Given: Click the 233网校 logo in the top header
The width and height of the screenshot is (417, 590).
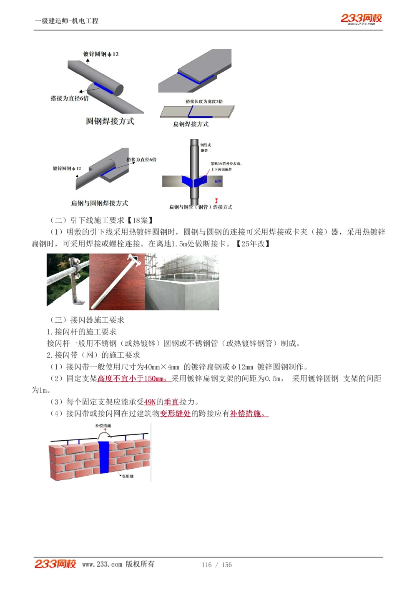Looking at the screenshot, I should coord(361,18).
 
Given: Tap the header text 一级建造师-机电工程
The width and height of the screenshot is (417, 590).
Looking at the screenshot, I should coord(67,21).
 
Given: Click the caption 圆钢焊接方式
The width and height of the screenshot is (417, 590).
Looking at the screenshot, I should coord(110,121).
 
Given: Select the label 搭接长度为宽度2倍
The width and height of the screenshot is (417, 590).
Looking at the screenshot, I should coord(204,101).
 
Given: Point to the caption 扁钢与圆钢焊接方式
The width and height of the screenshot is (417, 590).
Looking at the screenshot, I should coord(99,203).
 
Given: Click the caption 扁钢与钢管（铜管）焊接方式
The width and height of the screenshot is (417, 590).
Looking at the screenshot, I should coord(201,207).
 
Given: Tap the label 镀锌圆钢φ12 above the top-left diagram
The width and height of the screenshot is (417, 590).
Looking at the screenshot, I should coord(101,54).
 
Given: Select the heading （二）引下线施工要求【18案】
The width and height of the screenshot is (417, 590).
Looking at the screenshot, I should coord(102,220).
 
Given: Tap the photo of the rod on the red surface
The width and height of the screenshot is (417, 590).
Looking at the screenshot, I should coord(117,282).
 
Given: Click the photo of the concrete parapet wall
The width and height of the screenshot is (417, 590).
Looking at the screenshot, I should coord(182,282).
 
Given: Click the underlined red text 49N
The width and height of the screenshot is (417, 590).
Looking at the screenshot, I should coord(150,402).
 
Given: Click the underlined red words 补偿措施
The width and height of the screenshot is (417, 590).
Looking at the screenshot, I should coord(249,414).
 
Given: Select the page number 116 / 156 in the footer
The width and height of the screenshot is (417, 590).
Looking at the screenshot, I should coord(216,565).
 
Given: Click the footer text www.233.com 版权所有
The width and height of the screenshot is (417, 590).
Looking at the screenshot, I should coord(118,564).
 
